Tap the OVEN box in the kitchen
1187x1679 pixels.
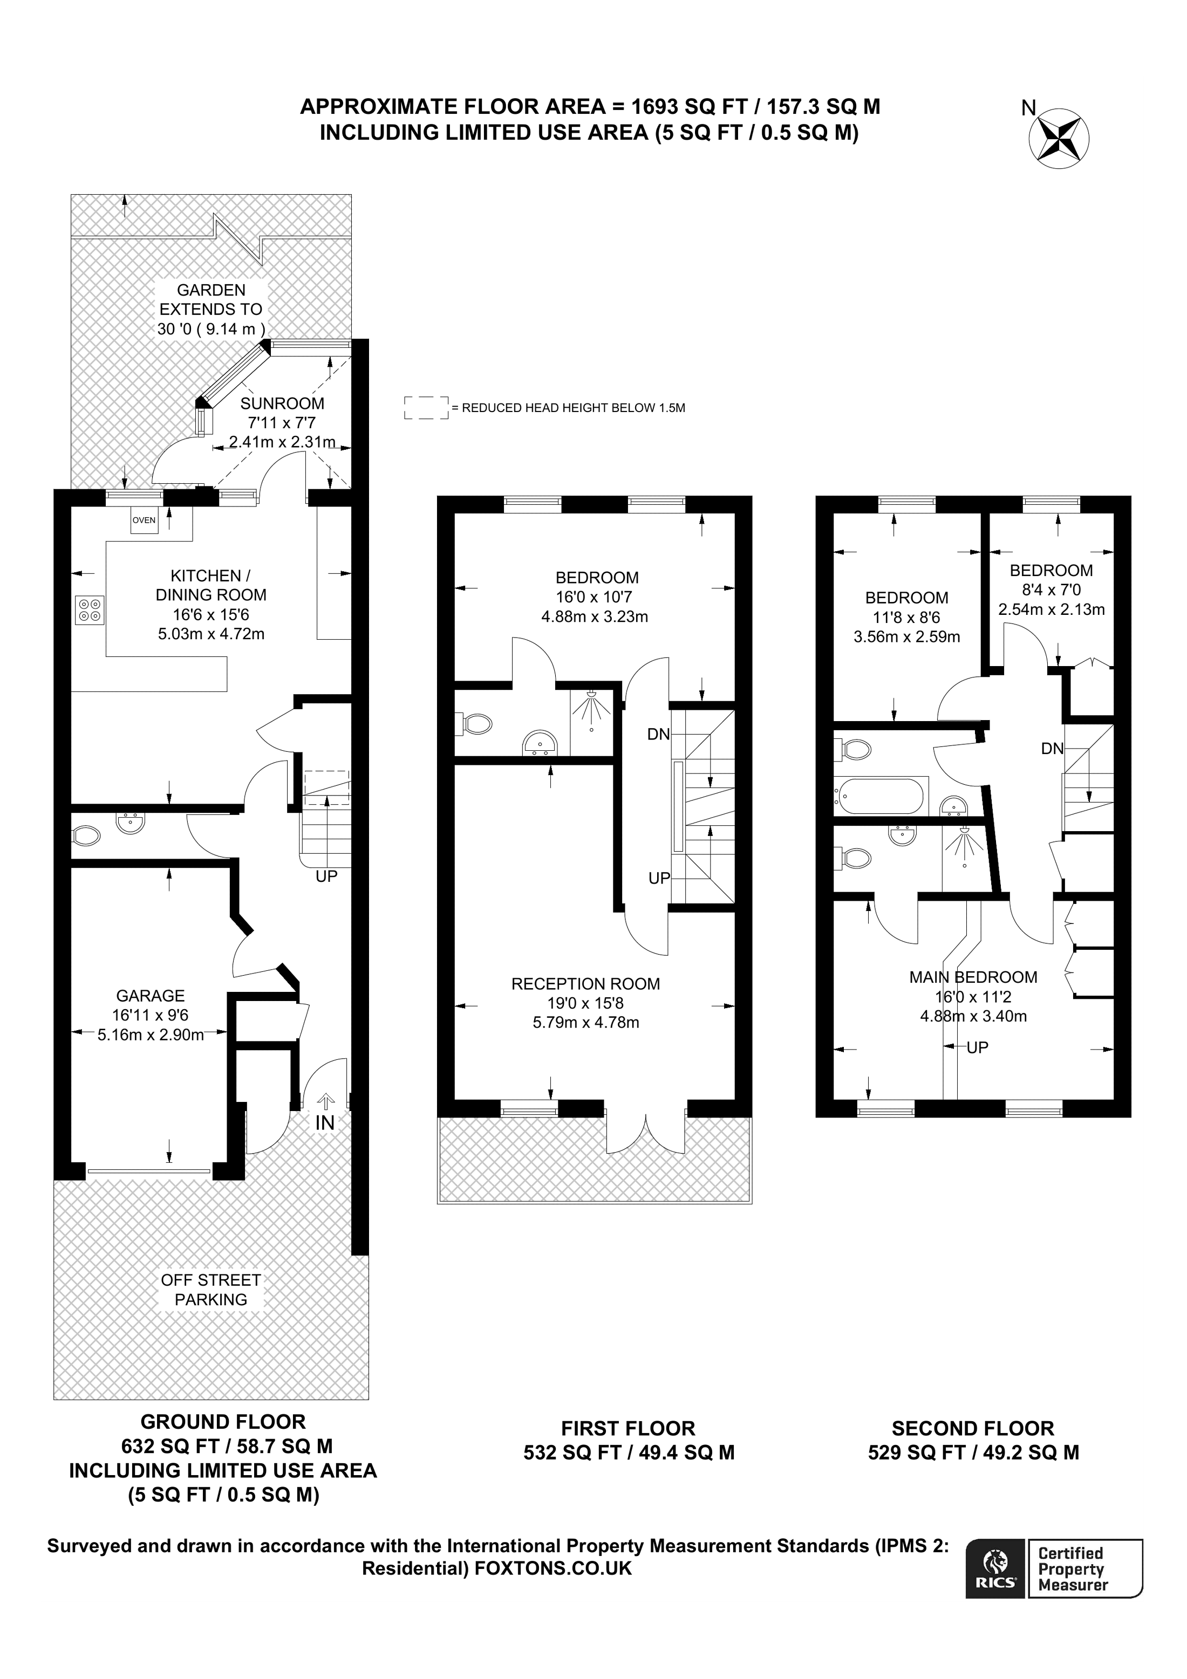tap(144, 520)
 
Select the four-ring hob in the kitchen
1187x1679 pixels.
tap(89, 611)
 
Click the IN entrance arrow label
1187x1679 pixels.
tap(325, 1122)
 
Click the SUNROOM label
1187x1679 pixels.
tap(282, 403)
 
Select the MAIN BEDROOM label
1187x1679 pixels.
tap(973, 977)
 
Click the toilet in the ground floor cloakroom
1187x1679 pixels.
tap(86, 835)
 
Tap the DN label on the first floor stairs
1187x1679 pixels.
tap(658, 734)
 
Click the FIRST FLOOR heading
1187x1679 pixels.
tap(627, 1428)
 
